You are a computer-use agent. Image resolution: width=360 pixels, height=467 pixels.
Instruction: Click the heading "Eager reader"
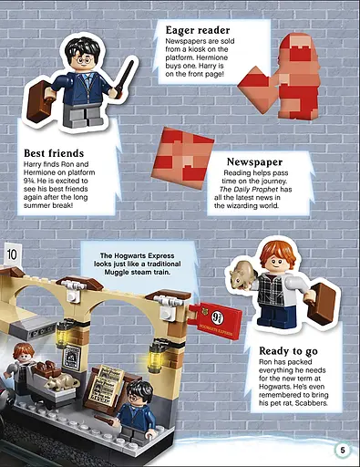pos(198,31)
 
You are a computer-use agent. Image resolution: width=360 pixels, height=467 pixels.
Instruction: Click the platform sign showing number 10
pos(11,254)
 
